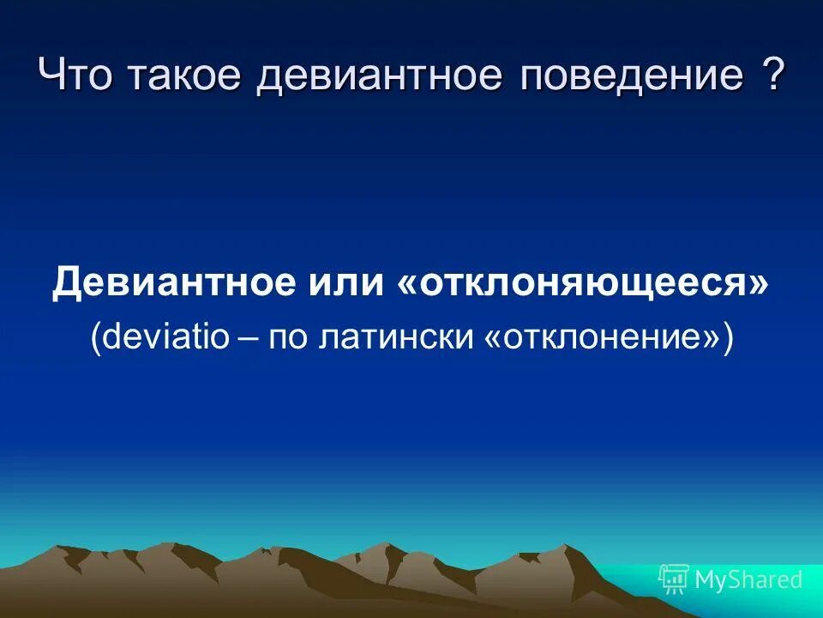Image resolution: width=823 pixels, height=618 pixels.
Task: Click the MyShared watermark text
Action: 748,579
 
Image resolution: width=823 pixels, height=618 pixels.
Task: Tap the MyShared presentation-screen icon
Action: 673,579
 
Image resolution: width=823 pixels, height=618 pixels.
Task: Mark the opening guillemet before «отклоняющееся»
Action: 406,284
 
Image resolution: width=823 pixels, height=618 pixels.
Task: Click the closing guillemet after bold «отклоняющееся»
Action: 760,284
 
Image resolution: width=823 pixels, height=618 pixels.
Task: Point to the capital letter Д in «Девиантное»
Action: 66,282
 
